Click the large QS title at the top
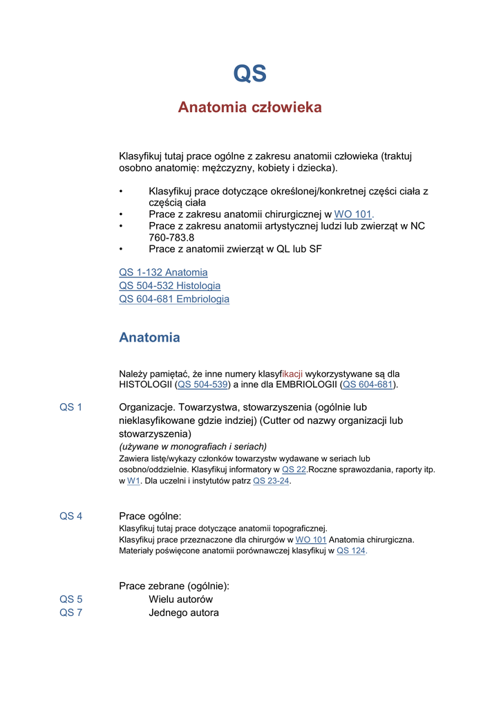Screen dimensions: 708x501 tap(249, 73)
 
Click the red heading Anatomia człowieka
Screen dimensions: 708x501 tap(249, 107)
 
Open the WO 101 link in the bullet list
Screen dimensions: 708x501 tap(353, 214)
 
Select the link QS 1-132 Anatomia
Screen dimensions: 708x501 tap(163, 272)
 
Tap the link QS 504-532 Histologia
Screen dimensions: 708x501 tap(170, 286)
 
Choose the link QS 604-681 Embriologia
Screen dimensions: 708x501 tap(174, 299)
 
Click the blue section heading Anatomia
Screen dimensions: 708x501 tap(149, 337)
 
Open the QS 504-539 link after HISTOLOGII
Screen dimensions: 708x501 tap(203, 384)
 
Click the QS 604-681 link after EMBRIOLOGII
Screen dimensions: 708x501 tap(368, 384)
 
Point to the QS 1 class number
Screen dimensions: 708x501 tap(70, 407)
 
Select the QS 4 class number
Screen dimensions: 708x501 tap(70, 516)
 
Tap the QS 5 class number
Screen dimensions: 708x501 tap(70, 599)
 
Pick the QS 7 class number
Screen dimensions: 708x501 tap(70, 613)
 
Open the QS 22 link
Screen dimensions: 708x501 tap(294, 469)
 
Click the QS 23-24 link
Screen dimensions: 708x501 tap(271, 481)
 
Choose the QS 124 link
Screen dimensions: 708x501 tap(351, 551)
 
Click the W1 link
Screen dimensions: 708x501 tap(133, 481)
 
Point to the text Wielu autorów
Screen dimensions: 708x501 tap(180, 599)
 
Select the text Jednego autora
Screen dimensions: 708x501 tap(184, 613)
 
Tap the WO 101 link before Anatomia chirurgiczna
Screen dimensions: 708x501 tap(311, 540)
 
